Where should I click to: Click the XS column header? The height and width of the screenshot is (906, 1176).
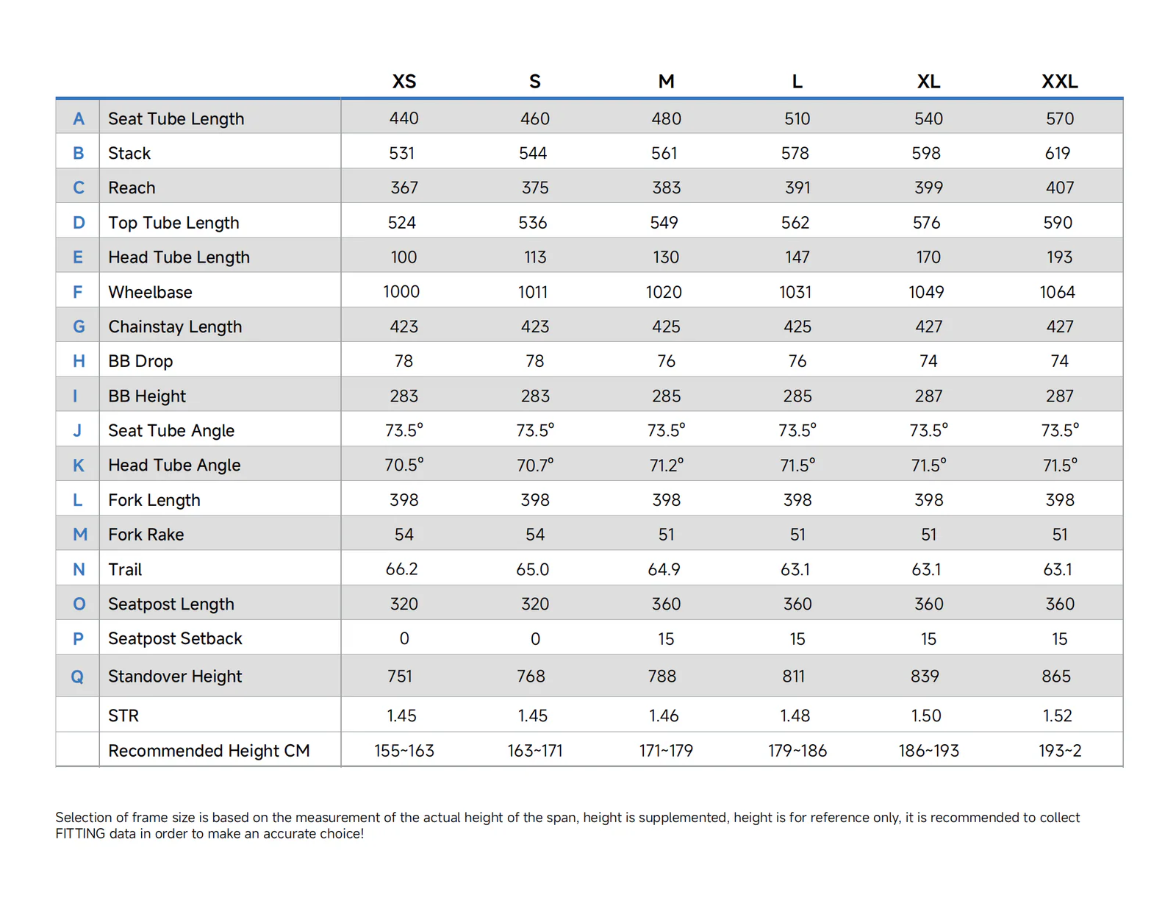pos(404,81)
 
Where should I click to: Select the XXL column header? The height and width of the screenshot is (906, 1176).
pos(1059,81)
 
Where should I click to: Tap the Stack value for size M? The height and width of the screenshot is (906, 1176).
pos(664,153)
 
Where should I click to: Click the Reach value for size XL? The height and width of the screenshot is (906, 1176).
pos(928,188)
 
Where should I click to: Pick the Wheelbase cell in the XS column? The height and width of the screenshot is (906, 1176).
pos(401,292)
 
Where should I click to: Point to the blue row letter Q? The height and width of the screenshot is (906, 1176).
pos(77,677)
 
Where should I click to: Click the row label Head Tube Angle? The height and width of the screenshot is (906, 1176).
pos(173,465)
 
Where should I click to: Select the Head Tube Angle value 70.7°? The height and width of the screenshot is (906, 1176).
pos(534,465)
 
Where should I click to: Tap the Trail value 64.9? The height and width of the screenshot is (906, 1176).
pos(664,569)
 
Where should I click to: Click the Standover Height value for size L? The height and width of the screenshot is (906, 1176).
pos(793,676)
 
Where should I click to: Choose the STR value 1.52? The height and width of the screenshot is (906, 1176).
pos(1057,716)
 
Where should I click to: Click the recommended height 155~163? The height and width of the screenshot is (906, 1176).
pos(404,751)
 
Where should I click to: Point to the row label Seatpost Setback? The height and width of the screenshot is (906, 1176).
pos(175,638)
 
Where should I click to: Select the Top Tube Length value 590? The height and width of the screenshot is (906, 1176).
pos(1058,222)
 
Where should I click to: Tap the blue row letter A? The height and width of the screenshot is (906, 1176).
pos(79,118)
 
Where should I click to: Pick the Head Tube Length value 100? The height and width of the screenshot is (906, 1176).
pos(404,257)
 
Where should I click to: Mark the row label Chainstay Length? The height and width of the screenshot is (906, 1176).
pos(175,327)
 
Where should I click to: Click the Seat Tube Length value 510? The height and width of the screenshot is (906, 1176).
pos(797,118)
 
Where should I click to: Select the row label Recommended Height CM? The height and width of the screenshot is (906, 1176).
pos(209,751)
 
